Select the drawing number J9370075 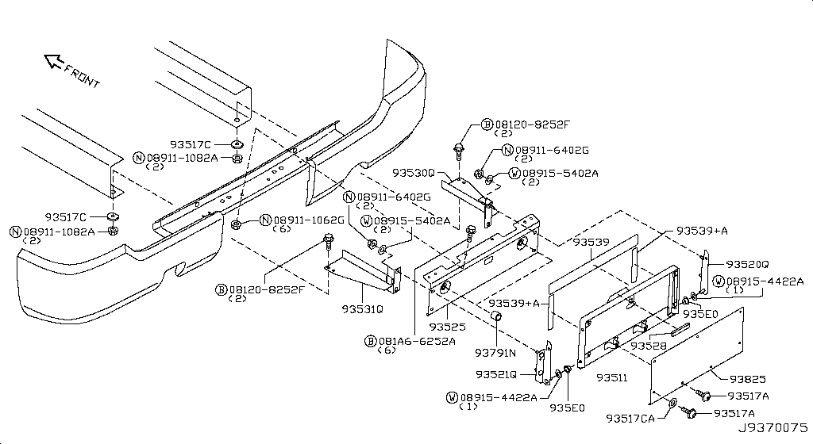[x=773, y=428]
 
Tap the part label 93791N [x=495, y=353]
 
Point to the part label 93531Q [x=362, y=309]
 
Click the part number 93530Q [x=413, y=172]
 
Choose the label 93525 [x=448, y=327]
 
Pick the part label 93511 [x=612, y=377]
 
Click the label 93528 [x=649, y=346]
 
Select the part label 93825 [x=748, y=379]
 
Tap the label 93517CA [x=630, y=418]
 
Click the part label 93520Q [x=747, y=265]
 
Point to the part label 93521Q [x=496, y=374]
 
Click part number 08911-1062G [x=309, y=220]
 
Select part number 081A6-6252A [x=417, y=341]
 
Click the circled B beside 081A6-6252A [x=371, y=341]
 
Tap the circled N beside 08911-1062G [x=266, y=220]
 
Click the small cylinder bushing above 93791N [x=496, y=316]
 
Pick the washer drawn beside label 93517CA [x=672, y=403]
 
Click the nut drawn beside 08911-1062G [x=235, y=224]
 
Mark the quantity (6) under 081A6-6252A [x=387, y=350]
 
